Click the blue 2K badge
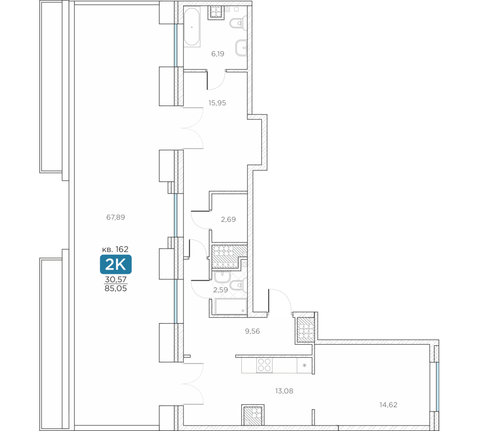pyautogui.click(x=116, y=264)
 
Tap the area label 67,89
pyautogui.click(x=115, y=217)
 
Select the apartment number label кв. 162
pyautogui.click(x=115, y=249)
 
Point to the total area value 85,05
pyautogui.click(x=115, y=288)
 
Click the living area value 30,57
pyautogui.click(x=116, y=279)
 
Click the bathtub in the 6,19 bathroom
pyautogui.click(x=192, y=27)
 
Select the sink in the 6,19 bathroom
pyautogui.click(x=241, y=48)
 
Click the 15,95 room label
pyautogui.click(x=217, y=103)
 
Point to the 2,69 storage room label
pyautogui.click(x=228, y=219)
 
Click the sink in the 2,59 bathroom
pyautogui.click(x=222, y=277)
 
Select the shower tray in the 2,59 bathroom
pyautogui.click(x=231, y=306)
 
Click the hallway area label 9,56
pyautogui.click(x=252, y=331)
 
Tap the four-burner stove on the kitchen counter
pyautogui.click(x=264, y=365)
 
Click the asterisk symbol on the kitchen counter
pyautogui.click(x=304, y=365)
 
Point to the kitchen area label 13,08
pyautogui.click(x=284, y=391)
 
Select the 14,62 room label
pyautogui.click(x=388, y=405)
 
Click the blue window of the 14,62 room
pyautogui.click(x=437, y=387)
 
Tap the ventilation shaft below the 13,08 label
pyautogui.click(x=252, y=415)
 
